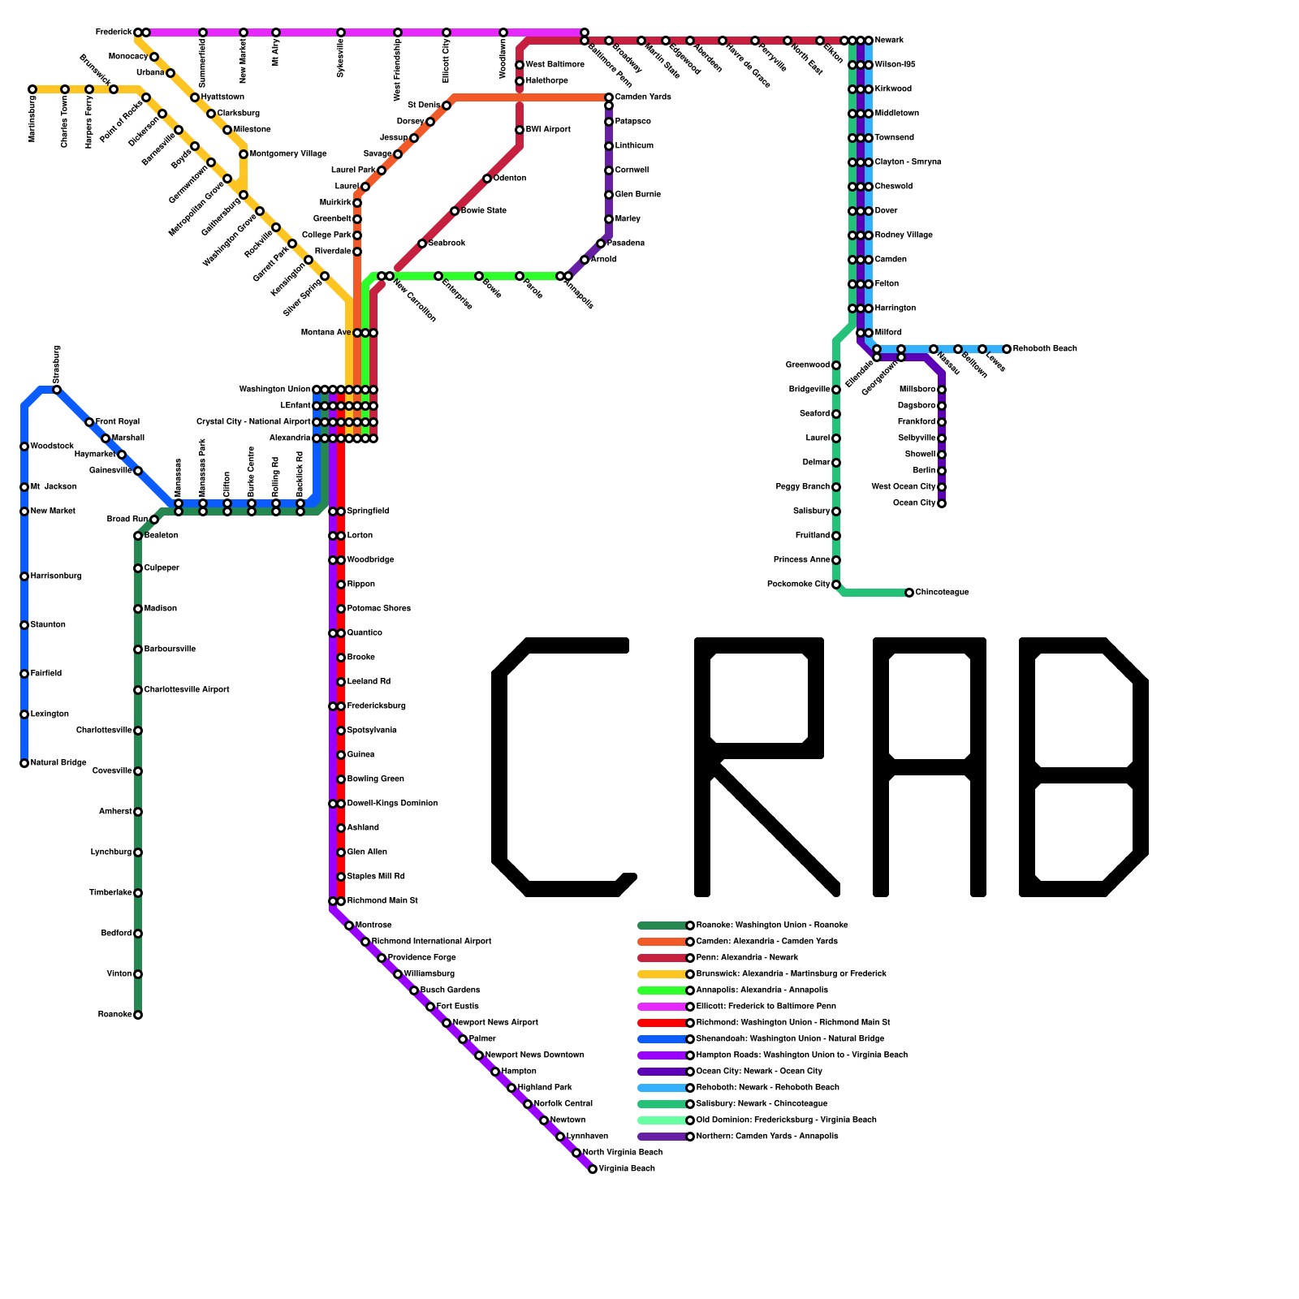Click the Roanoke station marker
[x=138, y=1015]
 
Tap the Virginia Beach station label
[x=626, y=1169]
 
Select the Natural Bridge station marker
[x=24, y=763]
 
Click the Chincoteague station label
[x=942, y=593]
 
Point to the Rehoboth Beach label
[x=1045, y=349]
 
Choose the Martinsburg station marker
[x=32, y=89]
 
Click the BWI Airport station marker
[x=520, y=130]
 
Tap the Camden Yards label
[x=643, y=97]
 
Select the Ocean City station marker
[x=942, y=503]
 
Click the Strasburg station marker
[x=57, y=390]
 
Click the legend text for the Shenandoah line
[x=790, y=1039]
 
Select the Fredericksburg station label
[x=376, y=706]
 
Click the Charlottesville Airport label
[x=187, y=690]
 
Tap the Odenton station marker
[x=487, y=179]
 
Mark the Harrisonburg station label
[x=56, y=576]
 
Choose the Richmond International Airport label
[x=431, y=942]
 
